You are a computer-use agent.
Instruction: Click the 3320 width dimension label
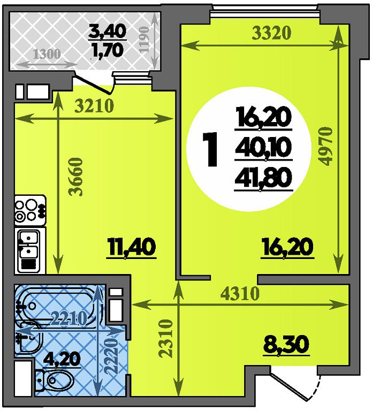(271, 33)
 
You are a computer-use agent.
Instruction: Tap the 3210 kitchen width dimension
(94, 106)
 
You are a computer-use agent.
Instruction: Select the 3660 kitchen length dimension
(76, 177)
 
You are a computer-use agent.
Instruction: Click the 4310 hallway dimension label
(240, 294)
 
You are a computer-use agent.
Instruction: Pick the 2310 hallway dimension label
(166, 338)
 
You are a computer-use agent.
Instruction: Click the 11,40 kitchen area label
(131, 248)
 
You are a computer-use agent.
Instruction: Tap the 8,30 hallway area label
(286, 345)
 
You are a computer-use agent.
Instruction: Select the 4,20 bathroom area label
(62, 360)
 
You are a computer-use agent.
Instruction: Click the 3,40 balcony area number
(108, 31)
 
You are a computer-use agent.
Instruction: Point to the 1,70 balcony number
(107, 50)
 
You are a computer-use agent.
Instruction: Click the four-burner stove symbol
(31, 210)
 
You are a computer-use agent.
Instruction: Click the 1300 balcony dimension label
(47, 54)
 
